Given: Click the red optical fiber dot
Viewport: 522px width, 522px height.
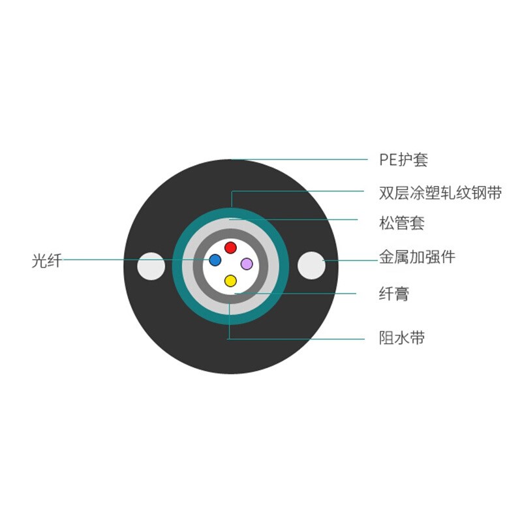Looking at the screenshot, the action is coord(230,248).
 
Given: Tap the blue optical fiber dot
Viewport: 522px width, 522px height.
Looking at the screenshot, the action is coord(215,260).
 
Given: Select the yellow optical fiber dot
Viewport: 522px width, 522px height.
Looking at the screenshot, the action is coord(230,281).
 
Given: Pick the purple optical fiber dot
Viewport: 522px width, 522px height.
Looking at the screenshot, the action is coord(247,264).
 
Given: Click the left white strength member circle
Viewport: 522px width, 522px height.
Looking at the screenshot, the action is coord(151,266).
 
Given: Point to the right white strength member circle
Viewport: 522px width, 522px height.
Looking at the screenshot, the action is coord(311,266).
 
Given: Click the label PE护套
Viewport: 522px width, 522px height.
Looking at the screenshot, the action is coord(403,160).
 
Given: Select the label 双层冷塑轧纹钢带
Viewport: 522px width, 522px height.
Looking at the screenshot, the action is coord(440,193).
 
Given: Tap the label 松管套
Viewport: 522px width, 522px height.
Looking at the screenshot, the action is coord(402,223).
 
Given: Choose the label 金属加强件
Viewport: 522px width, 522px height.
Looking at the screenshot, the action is coord(418,257).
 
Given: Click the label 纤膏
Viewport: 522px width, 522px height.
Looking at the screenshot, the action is coord(394,294).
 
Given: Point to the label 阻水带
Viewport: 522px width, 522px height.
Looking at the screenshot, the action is coord(402,338).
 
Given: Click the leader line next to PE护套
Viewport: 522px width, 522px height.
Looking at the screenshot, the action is coord(300,159).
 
